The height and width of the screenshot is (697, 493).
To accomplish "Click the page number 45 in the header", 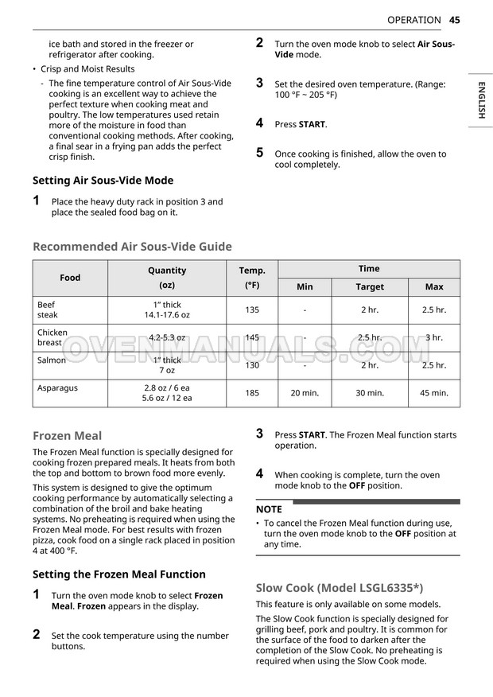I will [x=455, y=20].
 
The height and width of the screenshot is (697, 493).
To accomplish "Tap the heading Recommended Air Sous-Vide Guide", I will [x=132, y=247].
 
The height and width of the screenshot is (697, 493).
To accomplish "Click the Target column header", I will [x=370, y=287].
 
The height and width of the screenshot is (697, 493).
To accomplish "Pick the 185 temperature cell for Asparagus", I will [x=252, y=393].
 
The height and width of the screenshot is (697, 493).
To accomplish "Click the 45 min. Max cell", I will [x=434, y=393].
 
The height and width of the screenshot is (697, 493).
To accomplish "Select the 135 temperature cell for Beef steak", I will [x=252, y=310].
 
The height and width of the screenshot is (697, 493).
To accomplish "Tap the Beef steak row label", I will [x=48, y=310].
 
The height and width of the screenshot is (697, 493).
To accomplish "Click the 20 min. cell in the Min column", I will [x=305, y=393].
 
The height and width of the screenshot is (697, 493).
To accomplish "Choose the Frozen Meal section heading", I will [x=67, y=436].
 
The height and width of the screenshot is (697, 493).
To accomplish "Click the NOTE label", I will [x=269, y=509].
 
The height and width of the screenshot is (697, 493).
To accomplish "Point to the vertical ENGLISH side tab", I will [x=481, y=100].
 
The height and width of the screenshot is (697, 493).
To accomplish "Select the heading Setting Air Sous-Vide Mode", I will [x=103, y=181].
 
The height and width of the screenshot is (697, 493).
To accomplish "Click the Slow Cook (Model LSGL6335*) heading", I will [x=339, y=589].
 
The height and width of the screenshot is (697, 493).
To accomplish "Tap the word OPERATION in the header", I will [x=413, y=20].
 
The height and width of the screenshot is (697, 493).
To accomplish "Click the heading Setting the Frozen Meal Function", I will [x=118, y=574].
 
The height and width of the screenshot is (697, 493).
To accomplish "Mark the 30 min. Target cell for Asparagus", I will [x=370, y=393].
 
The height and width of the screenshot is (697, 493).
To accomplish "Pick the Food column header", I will [x=70, y=278].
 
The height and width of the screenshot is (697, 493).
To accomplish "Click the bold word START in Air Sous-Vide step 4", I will [x=312, y=125].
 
